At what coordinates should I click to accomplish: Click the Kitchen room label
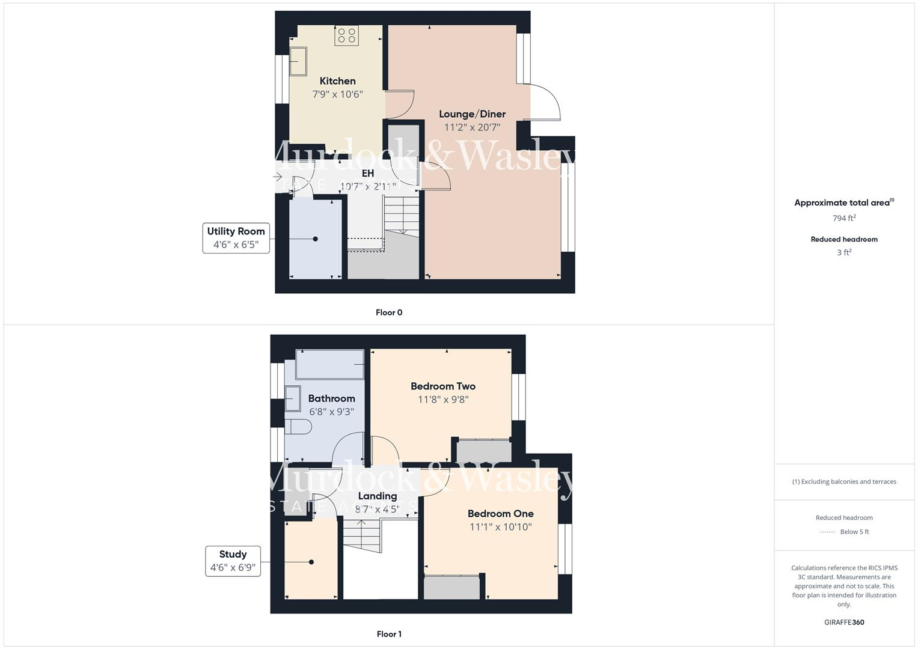(x=337, y=81)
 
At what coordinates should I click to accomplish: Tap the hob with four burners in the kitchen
(x=346, y=35)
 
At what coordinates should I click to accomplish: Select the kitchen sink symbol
(x=298, y=61)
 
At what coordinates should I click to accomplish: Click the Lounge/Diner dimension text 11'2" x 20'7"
(x=472, y=127)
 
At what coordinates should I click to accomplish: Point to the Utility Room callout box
(x=236, y=238)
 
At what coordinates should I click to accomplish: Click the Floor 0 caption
(x=389, y=312)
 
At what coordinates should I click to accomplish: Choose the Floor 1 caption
(x=389, y=634)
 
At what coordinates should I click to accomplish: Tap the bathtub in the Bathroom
(x=330, y=365)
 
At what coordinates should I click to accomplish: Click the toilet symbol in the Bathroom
(x=298, y=427)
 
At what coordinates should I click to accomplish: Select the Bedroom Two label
(x=443, y=386)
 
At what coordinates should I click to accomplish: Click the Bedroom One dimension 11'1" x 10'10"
(x=501, y=527)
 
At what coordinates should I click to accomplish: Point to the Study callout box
(x=233, y=561)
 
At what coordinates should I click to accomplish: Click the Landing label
(x=378, y=496)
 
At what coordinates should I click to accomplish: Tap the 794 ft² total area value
(x=844, y=218)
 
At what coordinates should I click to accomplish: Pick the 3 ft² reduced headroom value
(x=844, y=252)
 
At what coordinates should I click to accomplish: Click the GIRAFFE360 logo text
(x=844, y=622)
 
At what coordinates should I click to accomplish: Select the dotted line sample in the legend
(x=827, y=532)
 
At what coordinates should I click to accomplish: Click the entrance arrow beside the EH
(x=278, y=177)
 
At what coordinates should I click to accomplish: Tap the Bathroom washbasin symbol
(x=293, y=397)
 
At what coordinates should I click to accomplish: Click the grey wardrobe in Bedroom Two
(x=483, y=451)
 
